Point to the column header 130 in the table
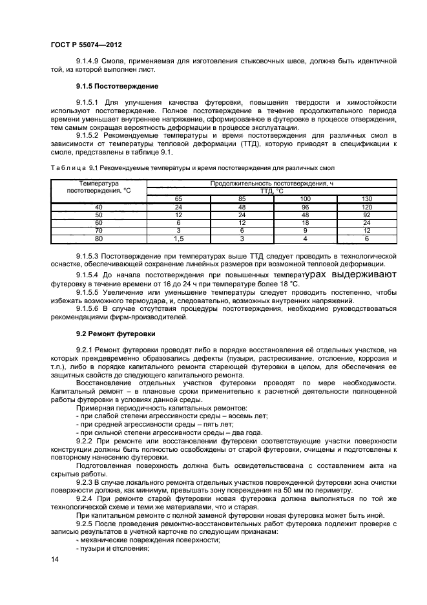pos(366,198)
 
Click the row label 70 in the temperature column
pos(99,229)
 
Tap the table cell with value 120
pos(366,206)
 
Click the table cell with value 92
pos(366,214)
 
